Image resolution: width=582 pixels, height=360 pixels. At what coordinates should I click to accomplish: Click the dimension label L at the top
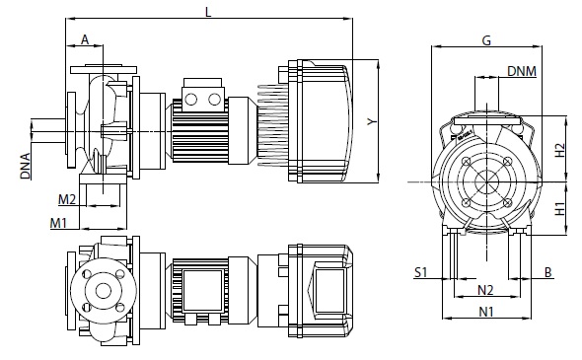tap(208, 12)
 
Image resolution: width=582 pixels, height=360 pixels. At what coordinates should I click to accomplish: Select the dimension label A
tap(85, 39)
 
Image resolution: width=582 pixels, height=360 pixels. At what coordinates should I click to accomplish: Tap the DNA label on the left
tap(26, 166)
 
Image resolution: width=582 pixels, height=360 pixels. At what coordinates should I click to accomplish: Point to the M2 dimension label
tap(67, 199)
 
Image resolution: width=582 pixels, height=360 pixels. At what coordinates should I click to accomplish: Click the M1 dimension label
tap(58, 223)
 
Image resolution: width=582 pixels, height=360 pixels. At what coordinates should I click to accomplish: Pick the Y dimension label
tap(372, 121)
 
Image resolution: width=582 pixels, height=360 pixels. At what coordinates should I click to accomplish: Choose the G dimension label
tap(486, 40)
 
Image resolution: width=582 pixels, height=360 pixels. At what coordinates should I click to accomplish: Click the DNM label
tap(522, 71)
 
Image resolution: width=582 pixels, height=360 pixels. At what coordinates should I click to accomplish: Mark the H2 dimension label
tap(559, 150)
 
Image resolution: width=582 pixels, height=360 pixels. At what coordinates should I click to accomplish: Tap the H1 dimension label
tap(559, 208)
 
